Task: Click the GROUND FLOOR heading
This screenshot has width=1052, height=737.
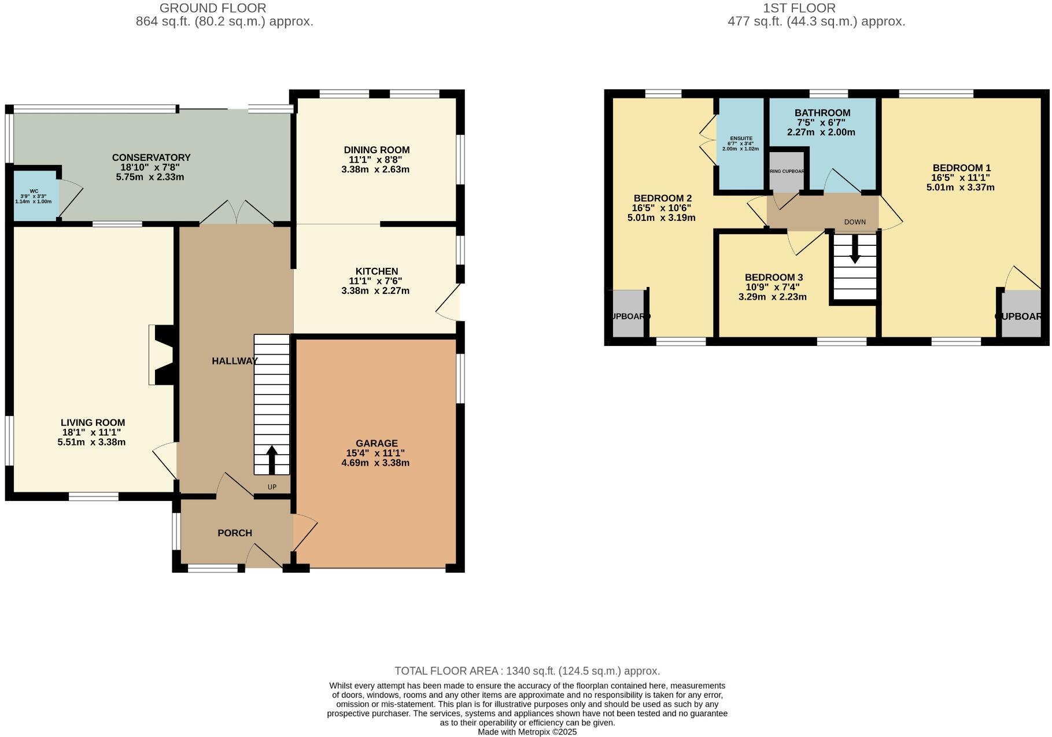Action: (x=213, y=8)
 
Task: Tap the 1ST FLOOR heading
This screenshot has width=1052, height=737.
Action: (x=799, y=8)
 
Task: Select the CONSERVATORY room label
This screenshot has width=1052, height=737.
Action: (x=151, y=157)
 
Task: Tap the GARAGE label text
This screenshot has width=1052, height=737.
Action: (x=376, y=443)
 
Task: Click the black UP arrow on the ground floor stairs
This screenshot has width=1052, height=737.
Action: (x=271, y=460)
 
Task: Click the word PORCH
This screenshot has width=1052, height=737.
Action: (x=235, y=533)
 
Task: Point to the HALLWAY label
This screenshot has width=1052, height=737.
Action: (x=234, y=361)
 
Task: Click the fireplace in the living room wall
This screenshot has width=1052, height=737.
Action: (x=161, y=355)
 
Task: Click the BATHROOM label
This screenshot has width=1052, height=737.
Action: (x=822, y=113)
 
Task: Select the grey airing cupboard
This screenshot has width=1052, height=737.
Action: (x=786, y=171)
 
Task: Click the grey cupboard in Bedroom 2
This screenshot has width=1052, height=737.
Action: (x=627, y=313)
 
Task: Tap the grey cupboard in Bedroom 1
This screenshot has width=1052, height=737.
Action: (x=1020, y=313)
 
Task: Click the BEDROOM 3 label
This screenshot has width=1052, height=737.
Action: (x=773, y=278)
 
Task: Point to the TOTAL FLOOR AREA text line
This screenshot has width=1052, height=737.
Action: (x=526, y=671)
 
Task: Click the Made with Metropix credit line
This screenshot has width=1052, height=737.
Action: (x=526, y=732)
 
